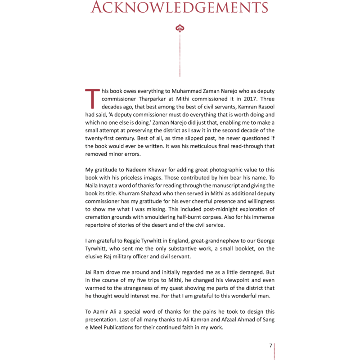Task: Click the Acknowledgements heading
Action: click(x=180, y=7)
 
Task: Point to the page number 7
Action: click(x=270, y=346)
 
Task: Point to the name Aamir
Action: click(x=102, y=311)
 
